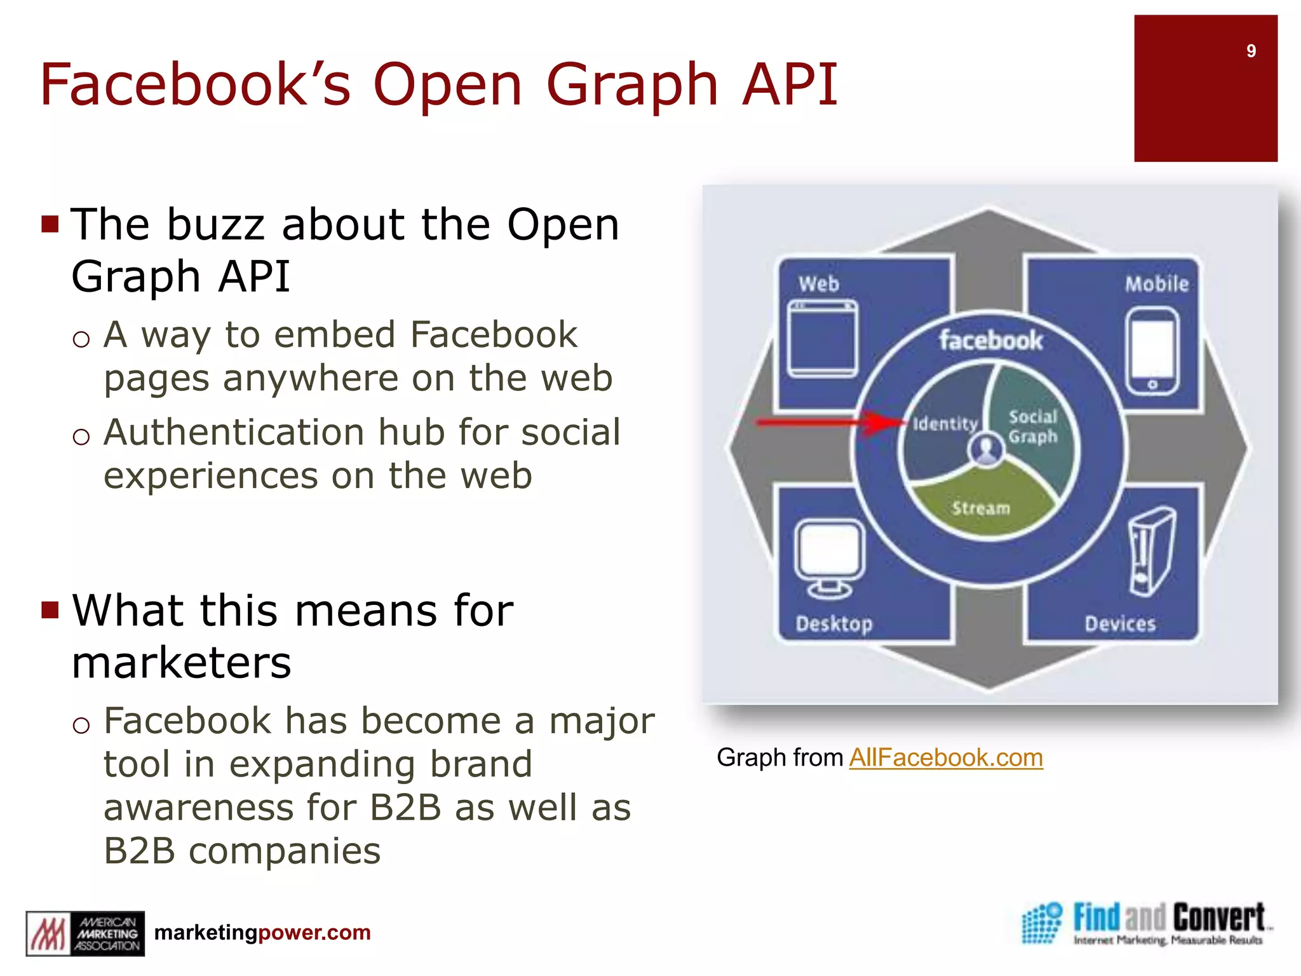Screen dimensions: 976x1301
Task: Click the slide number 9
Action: coord(1250,51)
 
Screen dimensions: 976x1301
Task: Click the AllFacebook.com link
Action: coord(946,757)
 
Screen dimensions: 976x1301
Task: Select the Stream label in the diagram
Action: coord(981,508)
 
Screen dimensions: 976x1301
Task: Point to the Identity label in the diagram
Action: coord(945,424)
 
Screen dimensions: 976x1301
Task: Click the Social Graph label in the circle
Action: coord(1033,426)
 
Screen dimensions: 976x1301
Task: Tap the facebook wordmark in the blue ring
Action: coord(991,341)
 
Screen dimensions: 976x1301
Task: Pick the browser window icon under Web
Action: coord(822,339)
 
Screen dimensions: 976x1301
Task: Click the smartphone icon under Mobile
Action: coord(1152,351)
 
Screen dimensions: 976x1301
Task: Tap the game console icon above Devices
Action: coord(1151,551)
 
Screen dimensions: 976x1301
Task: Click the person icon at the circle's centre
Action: coord(986,450)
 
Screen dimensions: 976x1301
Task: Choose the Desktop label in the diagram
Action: coord(834,624)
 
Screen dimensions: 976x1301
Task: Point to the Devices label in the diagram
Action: coord(1120,624)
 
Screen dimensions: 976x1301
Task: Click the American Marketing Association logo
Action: coord(85,933)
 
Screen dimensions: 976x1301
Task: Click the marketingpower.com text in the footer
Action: coord(262,932)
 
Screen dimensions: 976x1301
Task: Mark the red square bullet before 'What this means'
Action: coord(50,610)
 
